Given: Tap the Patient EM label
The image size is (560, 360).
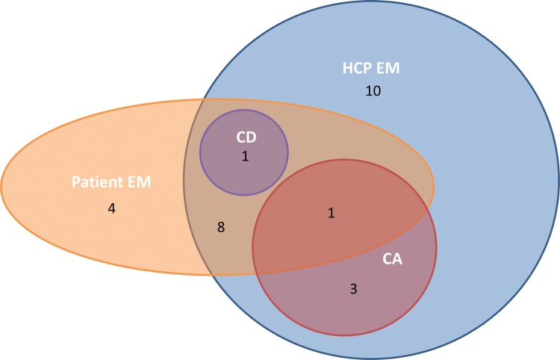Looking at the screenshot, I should (x=111, y=181).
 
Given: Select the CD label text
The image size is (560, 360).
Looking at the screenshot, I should (x=244, y=139).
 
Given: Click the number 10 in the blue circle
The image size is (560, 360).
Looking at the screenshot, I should (x=373, y=92).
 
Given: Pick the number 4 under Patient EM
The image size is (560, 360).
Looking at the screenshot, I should (x=111, y=208).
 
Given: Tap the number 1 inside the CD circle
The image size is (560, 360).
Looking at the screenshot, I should (x=244, y=157).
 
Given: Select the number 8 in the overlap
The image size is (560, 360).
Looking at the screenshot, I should (x=220, y=226).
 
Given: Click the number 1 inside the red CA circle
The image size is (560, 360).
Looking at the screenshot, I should (x=331, y=214).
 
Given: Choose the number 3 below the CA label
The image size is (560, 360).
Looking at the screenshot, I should (x=354, y=288).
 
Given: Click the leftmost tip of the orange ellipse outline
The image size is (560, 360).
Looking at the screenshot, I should (x=1, y=187).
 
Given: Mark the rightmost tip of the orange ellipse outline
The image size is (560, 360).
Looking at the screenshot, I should (x=435, y=187).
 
